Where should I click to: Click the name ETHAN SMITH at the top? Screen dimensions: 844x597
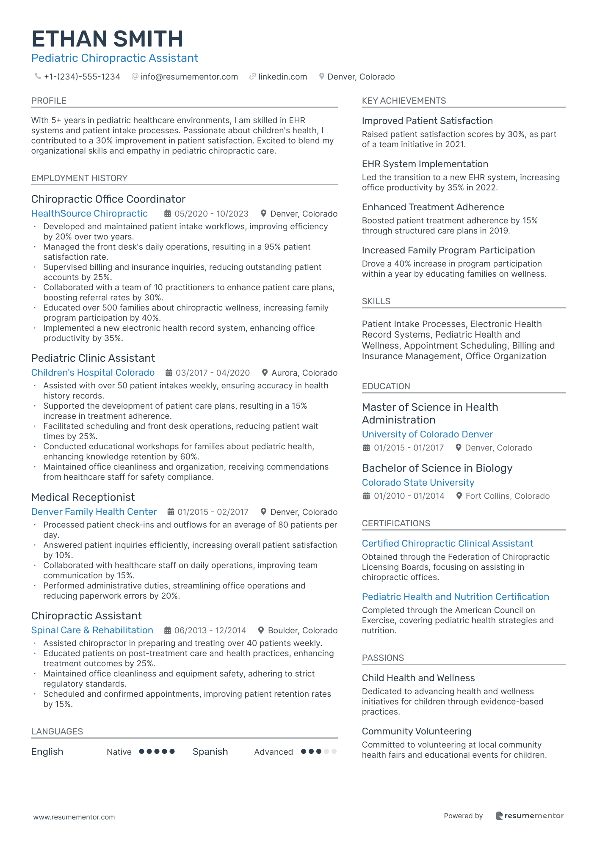click(x=107, y=39)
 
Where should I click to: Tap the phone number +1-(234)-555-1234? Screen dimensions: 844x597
click(x=82, y=77)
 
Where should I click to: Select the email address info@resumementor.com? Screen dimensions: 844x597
click(x=189, y=77)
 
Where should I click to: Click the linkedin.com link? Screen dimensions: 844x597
click(x=282, y=77)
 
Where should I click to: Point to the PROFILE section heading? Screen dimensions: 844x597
click(x=49, y=101)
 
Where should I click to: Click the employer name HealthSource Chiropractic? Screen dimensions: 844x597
click(x=89, y=214)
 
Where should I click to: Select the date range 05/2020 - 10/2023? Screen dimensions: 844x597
click(x=211, y=214)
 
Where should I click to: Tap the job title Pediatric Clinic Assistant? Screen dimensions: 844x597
click(x=93, y=358)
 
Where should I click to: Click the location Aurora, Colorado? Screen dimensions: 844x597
click(x=304, y=373)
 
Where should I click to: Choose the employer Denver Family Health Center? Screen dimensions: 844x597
click(x=94, y=512)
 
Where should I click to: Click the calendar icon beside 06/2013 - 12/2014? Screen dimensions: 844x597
click(x=168, y=630)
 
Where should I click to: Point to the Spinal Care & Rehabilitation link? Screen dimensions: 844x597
click(x=92, y=630)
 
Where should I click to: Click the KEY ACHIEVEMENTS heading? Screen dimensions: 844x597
click(x=404, y=101)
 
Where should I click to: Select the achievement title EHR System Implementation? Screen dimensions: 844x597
click(x=425, y=164)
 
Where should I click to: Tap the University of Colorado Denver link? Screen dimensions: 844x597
click(x=427, y=434)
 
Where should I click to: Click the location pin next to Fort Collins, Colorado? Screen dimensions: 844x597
click(x=459, y=496)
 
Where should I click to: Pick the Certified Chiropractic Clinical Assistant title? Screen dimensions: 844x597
click(x=448, y=544)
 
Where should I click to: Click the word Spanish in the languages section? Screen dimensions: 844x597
click(x=210, y=752)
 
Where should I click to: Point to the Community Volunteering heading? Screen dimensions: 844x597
click(x=417, y=731)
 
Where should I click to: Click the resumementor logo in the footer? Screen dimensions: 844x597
click(x=530, y=816)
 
